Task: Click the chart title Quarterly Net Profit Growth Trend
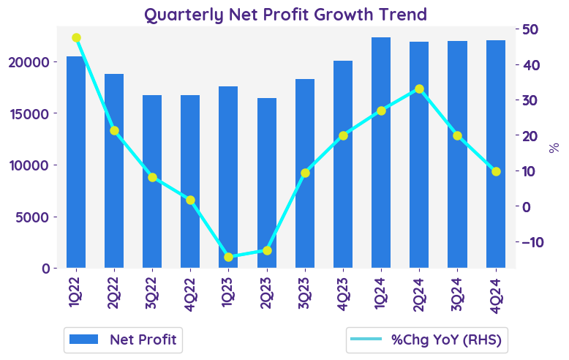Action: pyautogui.click(x=285, y=14)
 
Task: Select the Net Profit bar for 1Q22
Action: pyautogui.click(x=76, y=162)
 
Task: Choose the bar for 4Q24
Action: pyautogui.click(x=496, y=154)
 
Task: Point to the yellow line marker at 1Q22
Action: pyautogui.click(x=76, y=38)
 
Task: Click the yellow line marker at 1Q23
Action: pyautogui.click(x=229, y=257)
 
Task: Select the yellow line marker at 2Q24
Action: pyautogui.click(x=419, y=89)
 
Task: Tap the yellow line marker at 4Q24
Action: pyautogui.click(x=496, y=171)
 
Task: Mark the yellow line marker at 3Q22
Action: pyautogui.click(x=152, y=177)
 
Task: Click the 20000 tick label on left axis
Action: pyautogui.click(x=29, y=62)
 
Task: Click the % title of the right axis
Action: pyautogui.click(x=554, y=148)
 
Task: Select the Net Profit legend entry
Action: pyautogui.click(x=123, y=339)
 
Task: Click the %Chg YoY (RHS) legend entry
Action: pyautogui.click(x=429, y=339)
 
